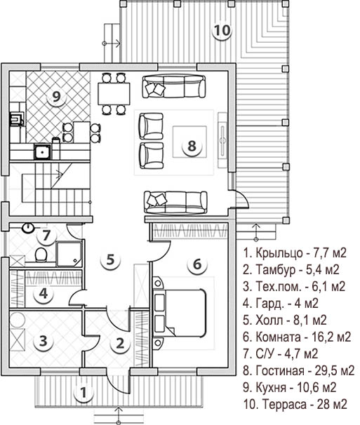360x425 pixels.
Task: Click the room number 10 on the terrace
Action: tap(222, 30)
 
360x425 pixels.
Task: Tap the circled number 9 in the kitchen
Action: tap(56, 96)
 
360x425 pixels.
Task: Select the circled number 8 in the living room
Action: tap(192, 146)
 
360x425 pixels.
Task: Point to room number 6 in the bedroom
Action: tap(197, 264)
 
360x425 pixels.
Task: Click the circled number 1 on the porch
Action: tap(84, 393)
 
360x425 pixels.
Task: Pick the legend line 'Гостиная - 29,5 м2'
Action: tap(299, 370)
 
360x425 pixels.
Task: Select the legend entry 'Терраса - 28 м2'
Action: tap(295, 405)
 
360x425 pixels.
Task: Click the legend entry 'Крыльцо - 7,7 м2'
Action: tap(295, 252)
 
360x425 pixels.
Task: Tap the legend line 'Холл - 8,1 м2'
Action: tap(285, 320)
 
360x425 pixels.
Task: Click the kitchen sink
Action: tap(42, 151)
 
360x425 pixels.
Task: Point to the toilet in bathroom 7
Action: tap(41, 255)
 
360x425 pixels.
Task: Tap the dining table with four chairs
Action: tap(114, 94)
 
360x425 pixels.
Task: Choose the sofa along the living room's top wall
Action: tap(174, 86)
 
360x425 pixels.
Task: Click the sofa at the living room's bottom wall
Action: tap(175, 202)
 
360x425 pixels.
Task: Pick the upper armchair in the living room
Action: tap(151, 126)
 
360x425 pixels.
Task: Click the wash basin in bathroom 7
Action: tap(28, 228)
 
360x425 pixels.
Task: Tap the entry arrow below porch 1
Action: tap(119, 414)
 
